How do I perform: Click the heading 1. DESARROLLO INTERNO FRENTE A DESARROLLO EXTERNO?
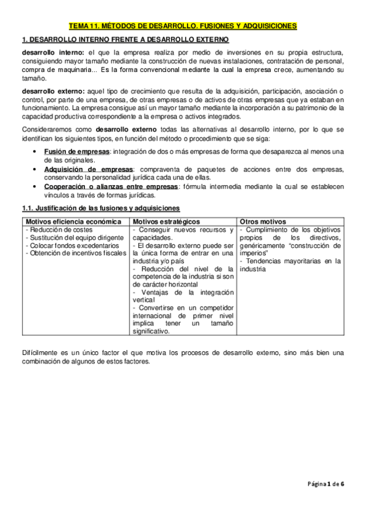coord(125,40)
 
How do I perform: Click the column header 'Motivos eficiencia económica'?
coord(64,221)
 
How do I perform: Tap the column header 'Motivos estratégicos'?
coord(166,221)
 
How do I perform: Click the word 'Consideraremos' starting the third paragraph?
coord(48,130)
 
